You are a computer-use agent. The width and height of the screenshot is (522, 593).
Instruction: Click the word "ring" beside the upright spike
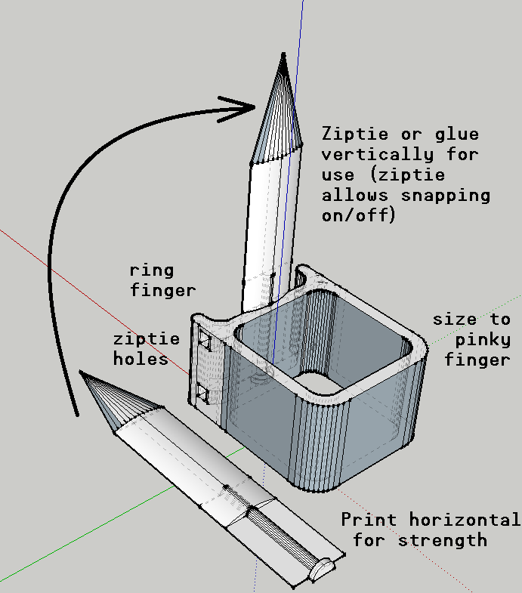(x=152, y=270)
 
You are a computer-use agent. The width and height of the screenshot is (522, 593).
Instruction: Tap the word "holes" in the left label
(x=141, y=360)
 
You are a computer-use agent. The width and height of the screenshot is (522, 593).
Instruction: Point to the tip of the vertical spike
(x=283, y=54)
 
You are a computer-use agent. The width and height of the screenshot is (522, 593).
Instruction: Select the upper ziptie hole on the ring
(x=203, y=342)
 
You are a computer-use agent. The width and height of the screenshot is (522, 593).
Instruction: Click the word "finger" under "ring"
(x=162, y=289)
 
